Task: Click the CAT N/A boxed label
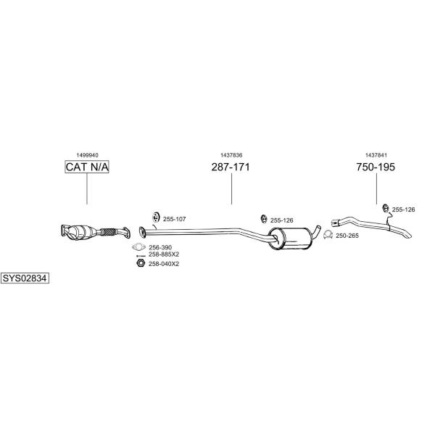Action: tap(87, 167)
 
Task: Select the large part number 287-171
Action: tap(231, 167)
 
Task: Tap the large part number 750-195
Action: tap(376, 167)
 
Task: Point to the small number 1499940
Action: tap(88, 155)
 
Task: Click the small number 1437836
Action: tap(231, 155)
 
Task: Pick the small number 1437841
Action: tap(376, 155)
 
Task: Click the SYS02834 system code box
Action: tap(25, 278)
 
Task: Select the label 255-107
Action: tap(175, 219)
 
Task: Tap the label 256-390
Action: tap(160, 247)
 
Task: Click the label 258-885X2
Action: tap(164, 254)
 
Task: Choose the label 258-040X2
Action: tap(164, 264)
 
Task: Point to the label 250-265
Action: tap(347, 236)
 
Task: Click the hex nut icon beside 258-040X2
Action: tap(141, 262)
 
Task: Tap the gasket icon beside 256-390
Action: tap(138, 246)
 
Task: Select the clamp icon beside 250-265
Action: tap(328, 235)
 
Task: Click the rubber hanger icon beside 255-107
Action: tap(156, 217)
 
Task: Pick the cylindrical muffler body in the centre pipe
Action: tap(290, 239)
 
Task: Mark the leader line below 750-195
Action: tap(376, 188)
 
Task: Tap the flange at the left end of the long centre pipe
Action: tap(142, 232)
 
